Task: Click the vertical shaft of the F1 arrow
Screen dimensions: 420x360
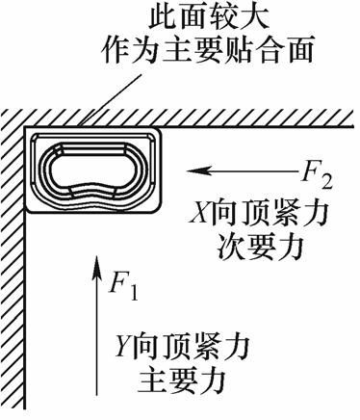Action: pyautogui.click(x=97, y=337)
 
